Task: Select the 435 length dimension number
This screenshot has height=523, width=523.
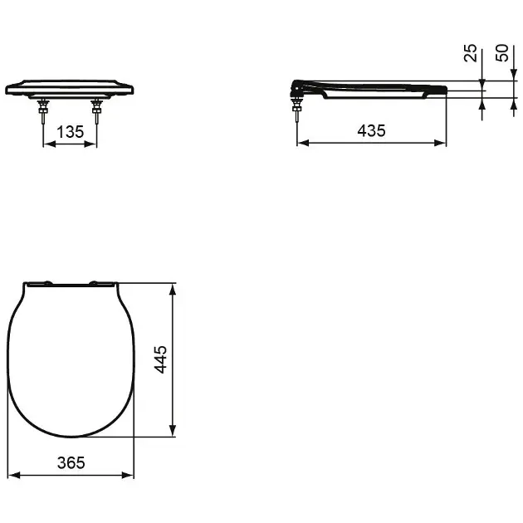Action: pyautogui.click(x=371, y=130)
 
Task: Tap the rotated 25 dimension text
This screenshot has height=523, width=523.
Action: pyautogui.click(x=471, y=55)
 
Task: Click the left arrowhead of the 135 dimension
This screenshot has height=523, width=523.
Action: pyautogui.click(x=46, y=143)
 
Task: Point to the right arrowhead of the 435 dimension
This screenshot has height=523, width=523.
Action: pyautogui.click(x=442, y=143)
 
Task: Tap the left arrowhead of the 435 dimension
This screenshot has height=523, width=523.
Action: pyautogui.click(x=301, y=143)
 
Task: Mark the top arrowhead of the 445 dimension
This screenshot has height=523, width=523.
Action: pyautogui.click(x=173, y=289)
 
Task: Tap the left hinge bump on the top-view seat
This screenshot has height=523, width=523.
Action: pyautogui.click(x=46, y=283)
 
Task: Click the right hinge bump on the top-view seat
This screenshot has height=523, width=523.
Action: pyautogui.click(x=102, y=283)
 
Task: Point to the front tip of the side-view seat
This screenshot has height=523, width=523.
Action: pyautogui.click(x=445, y=90)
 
